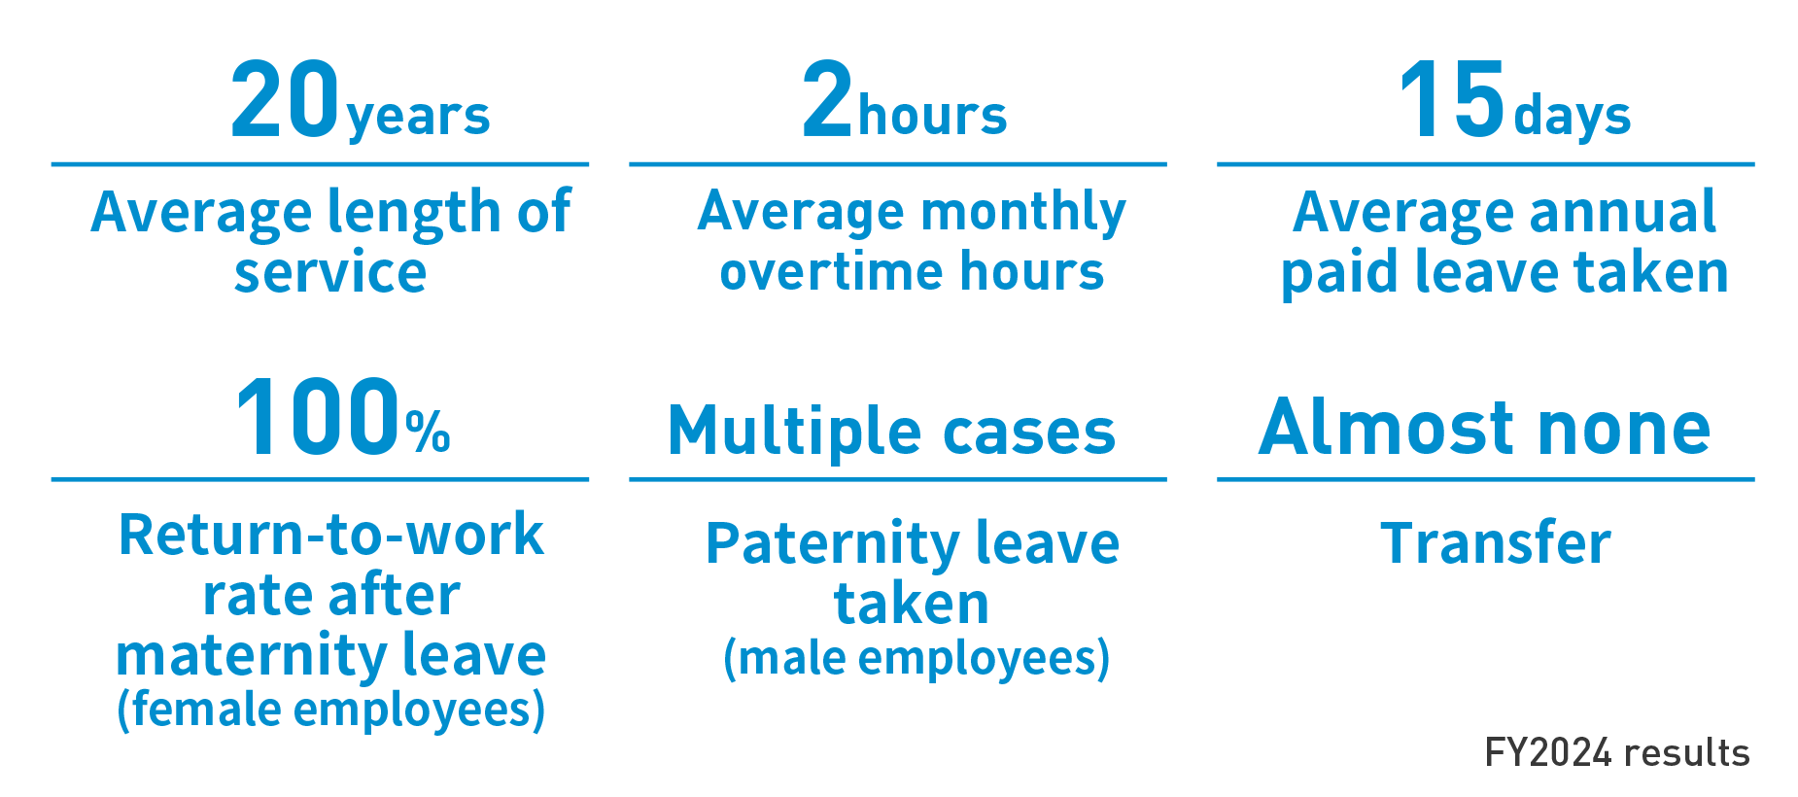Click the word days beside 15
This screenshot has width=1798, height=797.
[x=1572, y=117]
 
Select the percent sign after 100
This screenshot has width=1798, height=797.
[x=428, y=431]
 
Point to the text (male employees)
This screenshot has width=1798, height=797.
[x=916, y=658]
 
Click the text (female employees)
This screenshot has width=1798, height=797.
[x=330, y=710]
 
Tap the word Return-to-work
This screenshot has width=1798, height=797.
[x=330, y=534]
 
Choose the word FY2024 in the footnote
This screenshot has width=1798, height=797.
[x=1549, y=752]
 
